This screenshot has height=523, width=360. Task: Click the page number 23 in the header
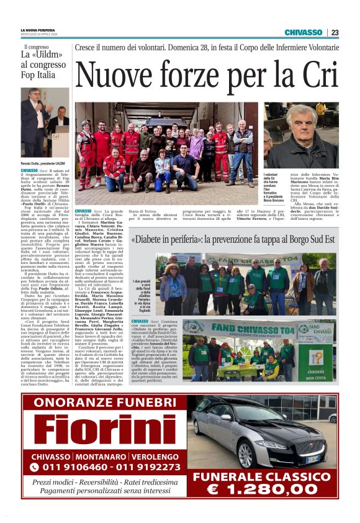(x=335, y=32)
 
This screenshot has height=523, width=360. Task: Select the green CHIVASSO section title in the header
(x=304, y=32)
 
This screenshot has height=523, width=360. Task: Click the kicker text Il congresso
(x=36, y=47)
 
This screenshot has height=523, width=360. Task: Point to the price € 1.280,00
(x=265, y=490)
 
